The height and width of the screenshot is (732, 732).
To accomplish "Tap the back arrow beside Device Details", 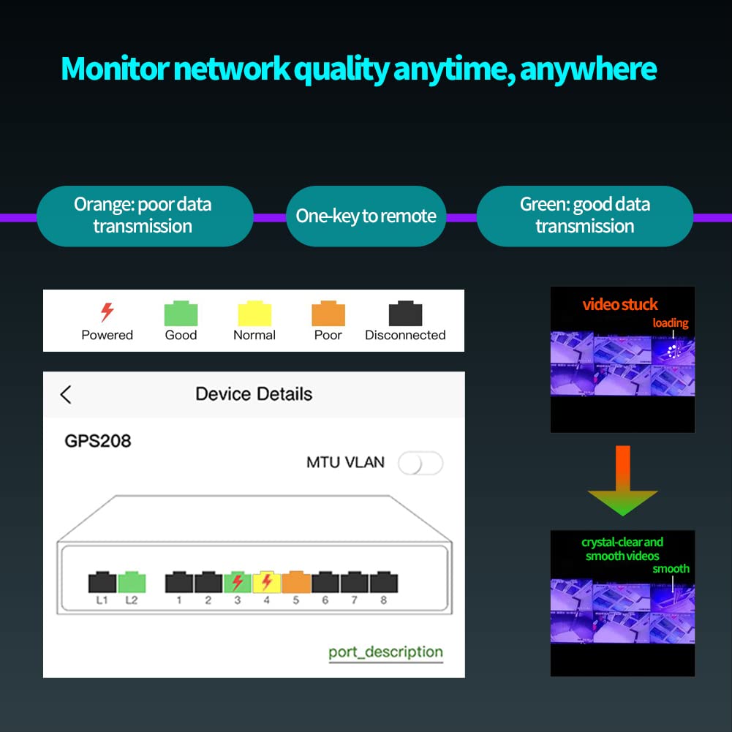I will (66, 395).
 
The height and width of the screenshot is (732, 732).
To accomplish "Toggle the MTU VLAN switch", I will (420, 463).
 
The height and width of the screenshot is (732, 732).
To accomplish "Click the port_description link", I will (385, 652).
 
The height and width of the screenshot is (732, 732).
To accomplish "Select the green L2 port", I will (132, 582).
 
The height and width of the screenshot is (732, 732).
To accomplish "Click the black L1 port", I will (102, 582).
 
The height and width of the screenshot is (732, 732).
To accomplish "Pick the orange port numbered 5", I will (296, 582).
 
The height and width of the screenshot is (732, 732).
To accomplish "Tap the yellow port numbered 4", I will (266, 582).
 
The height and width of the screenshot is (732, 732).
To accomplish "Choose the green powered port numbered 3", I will (237, 582).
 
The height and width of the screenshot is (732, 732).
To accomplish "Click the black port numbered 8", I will (384, 582).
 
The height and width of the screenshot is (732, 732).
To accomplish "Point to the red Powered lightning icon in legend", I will (107, 312).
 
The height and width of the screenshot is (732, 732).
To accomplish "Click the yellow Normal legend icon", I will (254, 314).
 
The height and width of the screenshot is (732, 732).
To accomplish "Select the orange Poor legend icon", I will (328, 314).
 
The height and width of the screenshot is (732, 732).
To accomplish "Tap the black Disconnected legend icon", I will (405, 314).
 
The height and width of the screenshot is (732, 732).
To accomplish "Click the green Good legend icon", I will (181, 314).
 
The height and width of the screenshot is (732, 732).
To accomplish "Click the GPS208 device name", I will (98, 441).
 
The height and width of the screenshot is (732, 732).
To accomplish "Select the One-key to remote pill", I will (366, 216).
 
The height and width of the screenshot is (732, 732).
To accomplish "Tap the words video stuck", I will (620, 305).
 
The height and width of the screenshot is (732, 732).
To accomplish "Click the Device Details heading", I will (254, 394).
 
